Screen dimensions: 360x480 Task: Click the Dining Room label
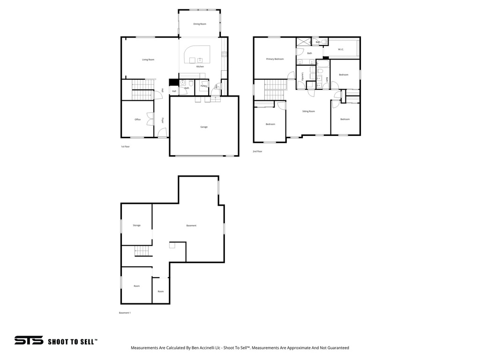click(200, 24)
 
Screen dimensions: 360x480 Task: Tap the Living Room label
click(148, 60)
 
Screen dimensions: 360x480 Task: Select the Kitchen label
click(200, 67)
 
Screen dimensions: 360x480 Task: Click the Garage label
click(204, 127)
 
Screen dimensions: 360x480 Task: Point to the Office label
click(137, 120)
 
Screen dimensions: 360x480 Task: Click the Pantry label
click(204, 86)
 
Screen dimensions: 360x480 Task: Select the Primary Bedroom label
click(275, 59)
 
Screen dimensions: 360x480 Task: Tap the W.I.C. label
click(341, 49)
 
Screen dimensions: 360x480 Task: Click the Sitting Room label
click(308, 112)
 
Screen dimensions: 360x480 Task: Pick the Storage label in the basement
click(136, 225)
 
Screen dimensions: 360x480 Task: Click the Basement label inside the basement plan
click(191, 225)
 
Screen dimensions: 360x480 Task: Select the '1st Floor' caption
click(125, 147)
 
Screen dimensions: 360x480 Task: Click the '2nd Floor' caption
click(257, 151)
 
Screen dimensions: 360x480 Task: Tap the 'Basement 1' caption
click(125, 313)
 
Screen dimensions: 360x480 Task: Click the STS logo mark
click(29, 341)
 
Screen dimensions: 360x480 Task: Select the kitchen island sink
click(200, 60)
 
